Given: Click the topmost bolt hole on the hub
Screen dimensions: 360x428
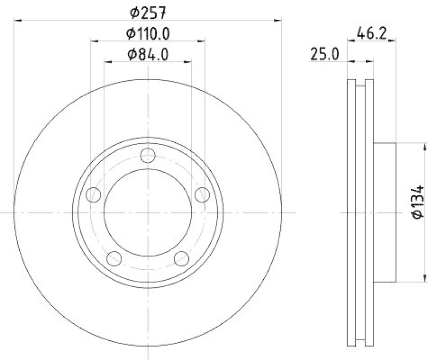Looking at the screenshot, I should (148, 156).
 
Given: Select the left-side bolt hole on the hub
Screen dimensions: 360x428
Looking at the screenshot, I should (94, 195).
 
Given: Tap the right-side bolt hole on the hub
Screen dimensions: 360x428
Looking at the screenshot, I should (202, 195).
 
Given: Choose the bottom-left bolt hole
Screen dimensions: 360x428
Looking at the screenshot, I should (114, 258).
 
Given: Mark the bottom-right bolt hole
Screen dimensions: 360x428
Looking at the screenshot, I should (181, 258).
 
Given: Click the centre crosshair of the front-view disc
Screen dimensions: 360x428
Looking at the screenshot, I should (148, 213).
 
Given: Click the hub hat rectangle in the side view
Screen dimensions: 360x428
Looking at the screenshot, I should (384, 212).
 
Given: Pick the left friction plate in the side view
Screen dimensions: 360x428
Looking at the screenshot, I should (351, 212).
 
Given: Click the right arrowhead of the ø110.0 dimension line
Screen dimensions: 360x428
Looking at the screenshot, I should (202, 40).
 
